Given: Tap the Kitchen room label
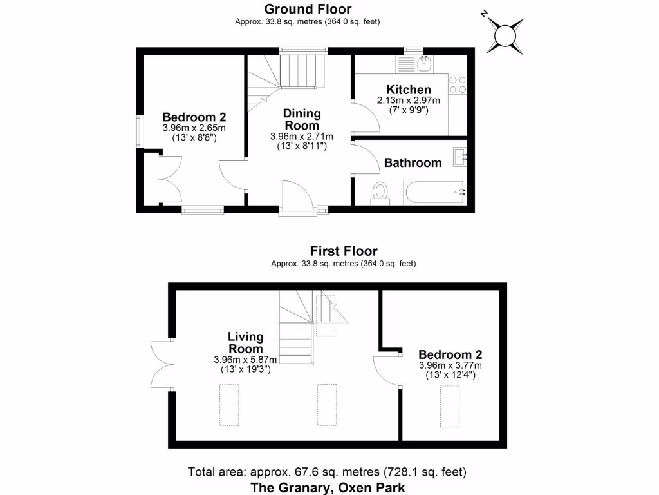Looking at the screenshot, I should point(408,90).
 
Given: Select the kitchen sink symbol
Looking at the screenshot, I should point(424,63).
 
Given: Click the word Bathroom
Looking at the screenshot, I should point(413,163).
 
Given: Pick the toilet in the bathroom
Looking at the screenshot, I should point(380,192).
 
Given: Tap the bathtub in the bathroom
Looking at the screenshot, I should point(434,191).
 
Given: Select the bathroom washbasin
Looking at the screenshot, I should point(459,155).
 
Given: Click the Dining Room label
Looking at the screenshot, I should point(302,119).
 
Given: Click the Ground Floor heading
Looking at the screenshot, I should point(308,9).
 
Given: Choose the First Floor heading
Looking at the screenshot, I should point(344,251).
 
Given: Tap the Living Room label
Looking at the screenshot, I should point(246,342).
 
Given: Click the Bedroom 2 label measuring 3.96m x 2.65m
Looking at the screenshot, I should point(194,117).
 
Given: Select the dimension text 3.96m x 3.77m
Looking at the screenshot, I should point(450,365).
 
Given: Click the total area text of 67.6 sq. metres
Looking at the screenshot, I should point(327,472).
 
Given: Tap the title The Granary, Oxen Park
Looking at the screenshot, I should point(328,487).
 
